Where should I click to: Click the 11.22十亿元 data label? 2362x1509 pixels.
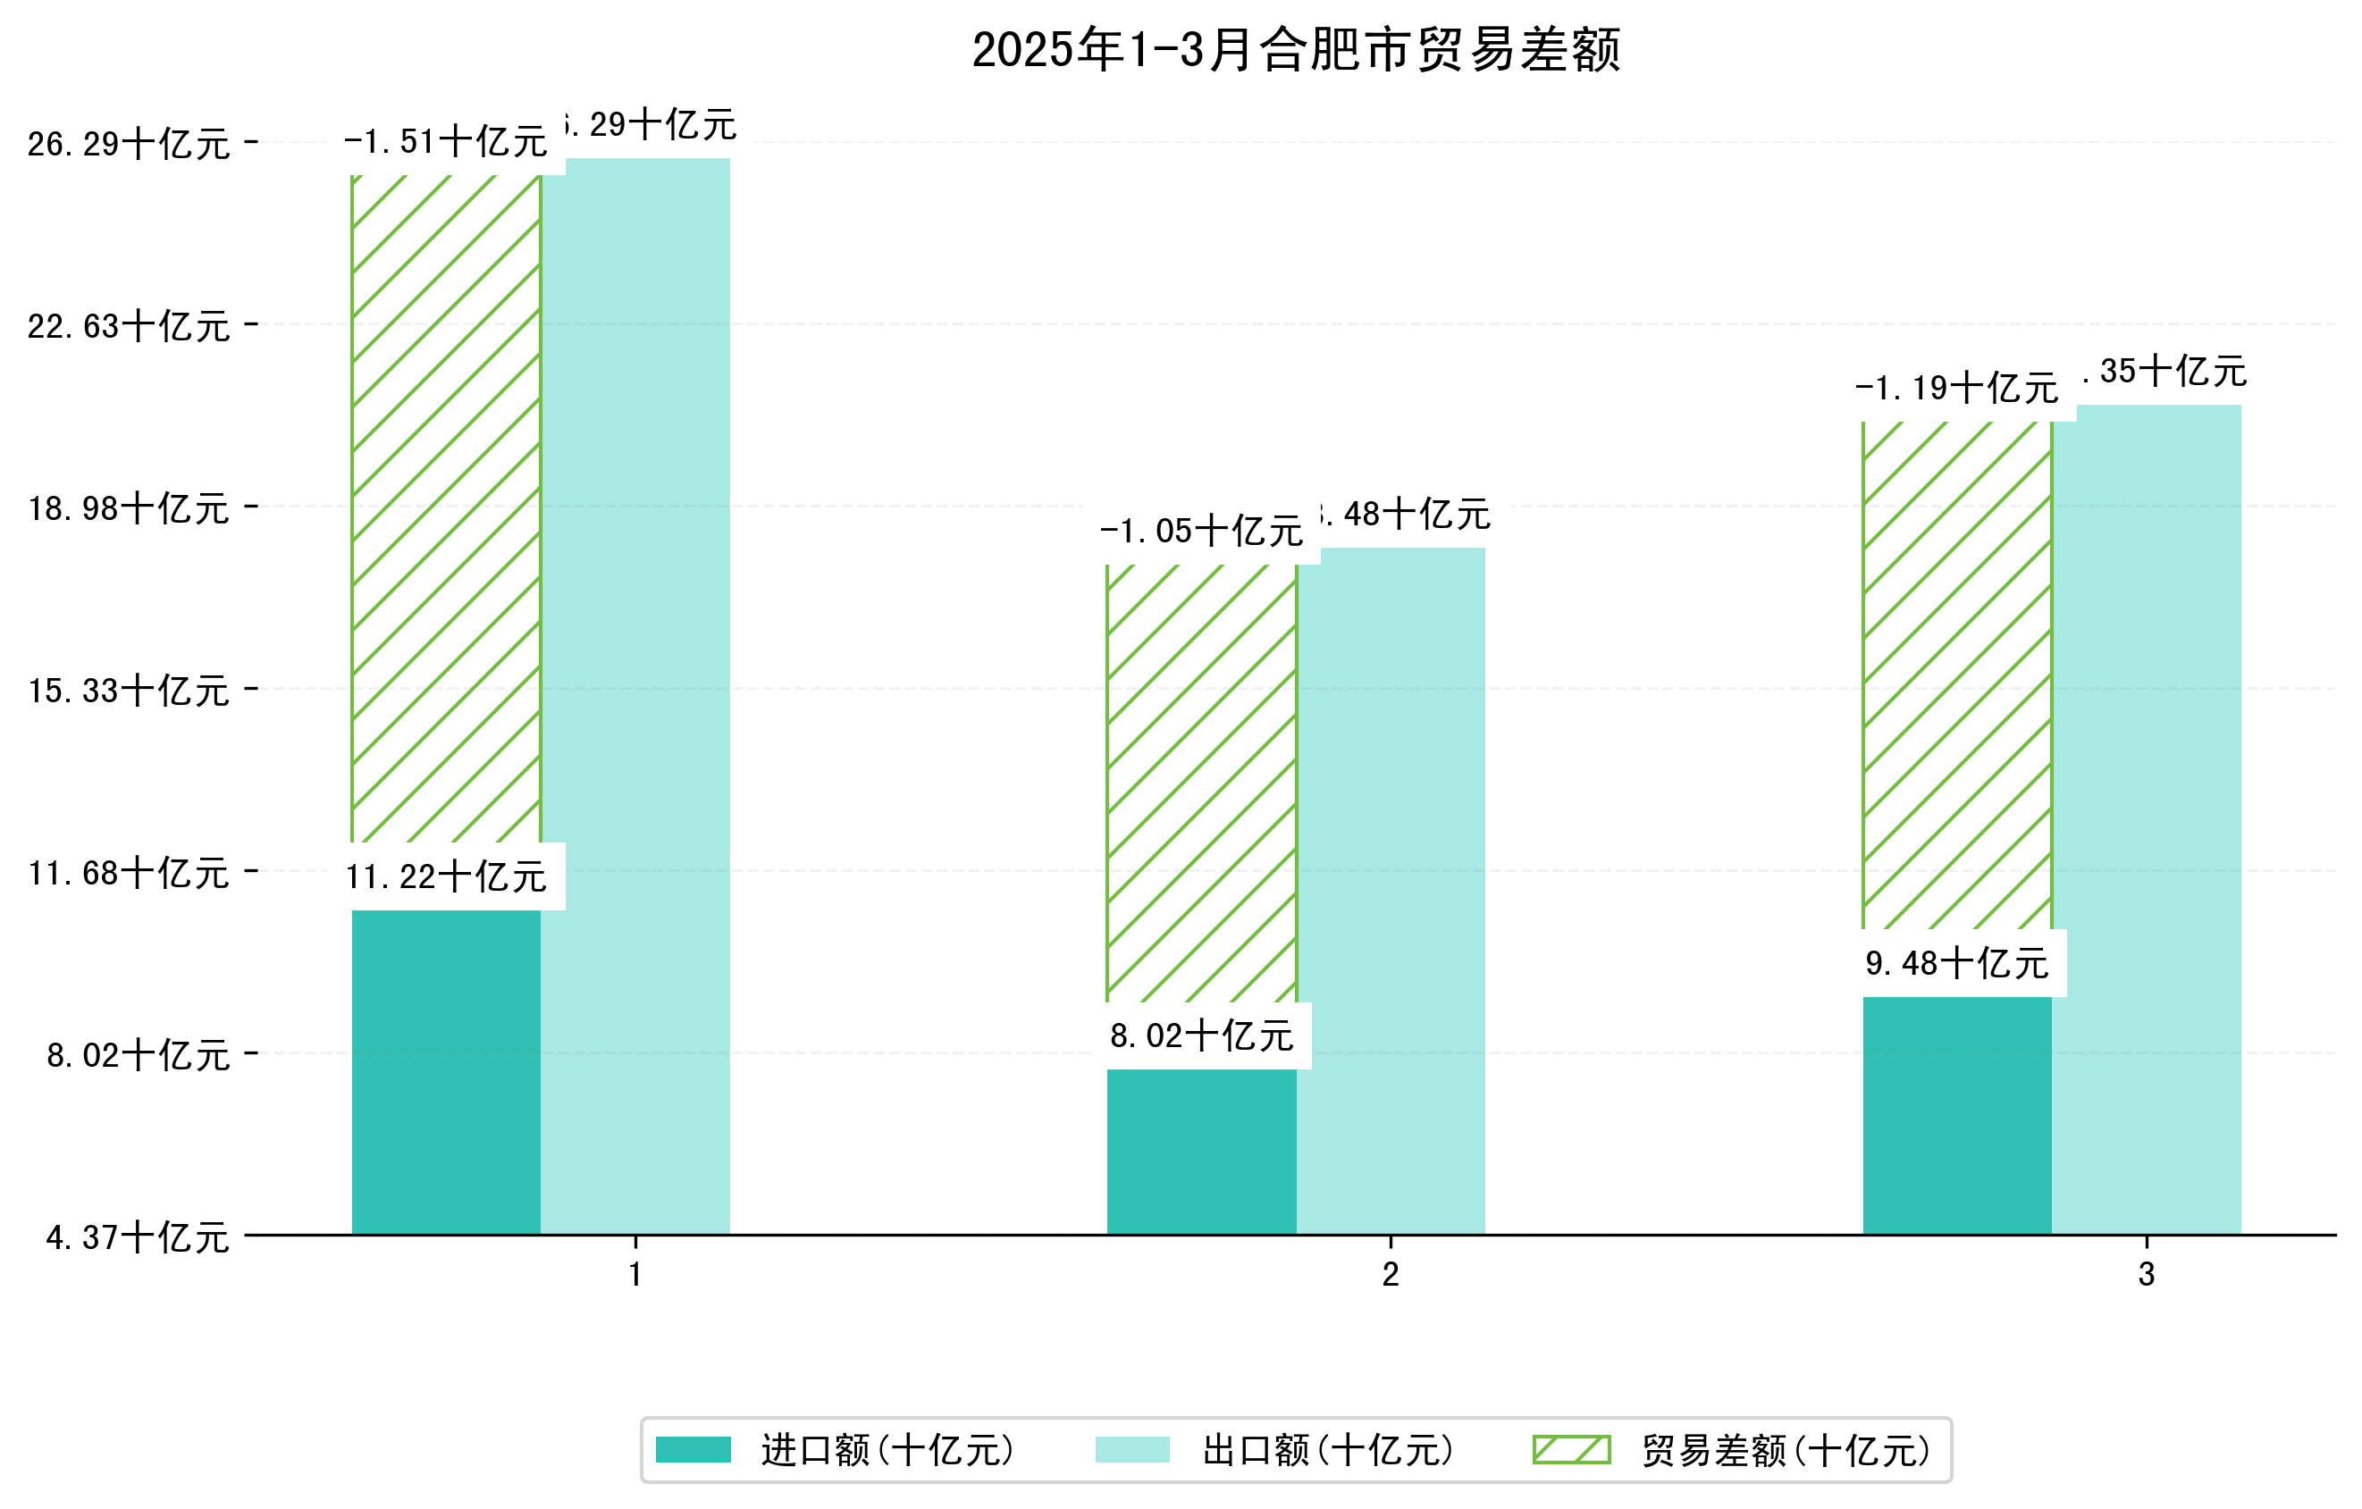446,876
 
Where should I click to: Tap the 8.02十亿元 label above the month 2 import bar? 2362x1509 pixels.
1202,1035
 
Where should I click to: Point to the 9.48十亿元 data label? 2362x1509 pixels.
1957,964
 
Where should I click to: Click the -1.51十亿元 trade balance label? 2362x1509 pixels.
446,142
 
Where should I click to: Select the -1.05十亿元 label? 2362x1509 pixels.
1202,532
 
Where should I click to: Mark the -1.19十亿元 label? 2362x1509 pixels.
1957,389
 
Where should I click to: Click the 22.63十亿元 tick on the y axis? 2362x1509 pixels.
129,325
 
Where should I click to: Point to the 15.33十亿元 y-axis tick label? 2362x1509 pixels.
129,691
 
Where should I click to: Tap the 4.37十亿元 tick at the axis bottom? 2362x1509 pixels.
138,1237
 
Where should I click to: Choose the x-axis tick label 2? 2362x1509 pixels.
1390,1275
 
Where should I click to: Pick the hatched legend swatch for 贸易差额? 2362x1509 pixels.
1571,1449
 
